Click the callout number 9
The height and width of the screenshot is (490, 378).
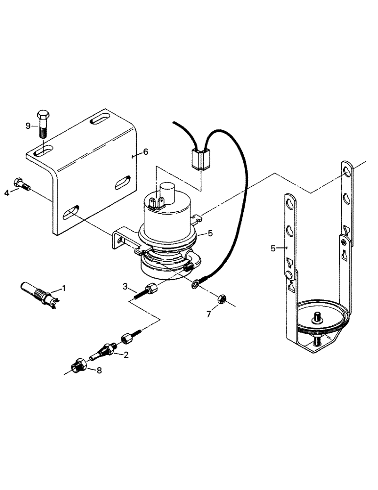pos(28,126)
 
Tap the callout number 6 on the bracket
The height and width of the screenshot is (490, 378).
pos(145,153)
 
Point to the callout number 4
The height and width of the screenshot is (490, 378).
pos(7,193)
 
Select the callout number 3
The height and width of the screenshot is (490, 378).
pos(125,286)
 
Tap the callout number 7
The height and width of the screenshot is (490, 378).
pos(209,314)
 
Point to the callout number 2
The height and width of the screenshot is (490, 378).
pos(126,355)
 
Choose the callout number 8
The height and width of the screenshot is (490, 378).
pos(99,371)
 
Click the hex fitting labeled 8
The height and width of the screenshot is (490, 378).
pos(78,366)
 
